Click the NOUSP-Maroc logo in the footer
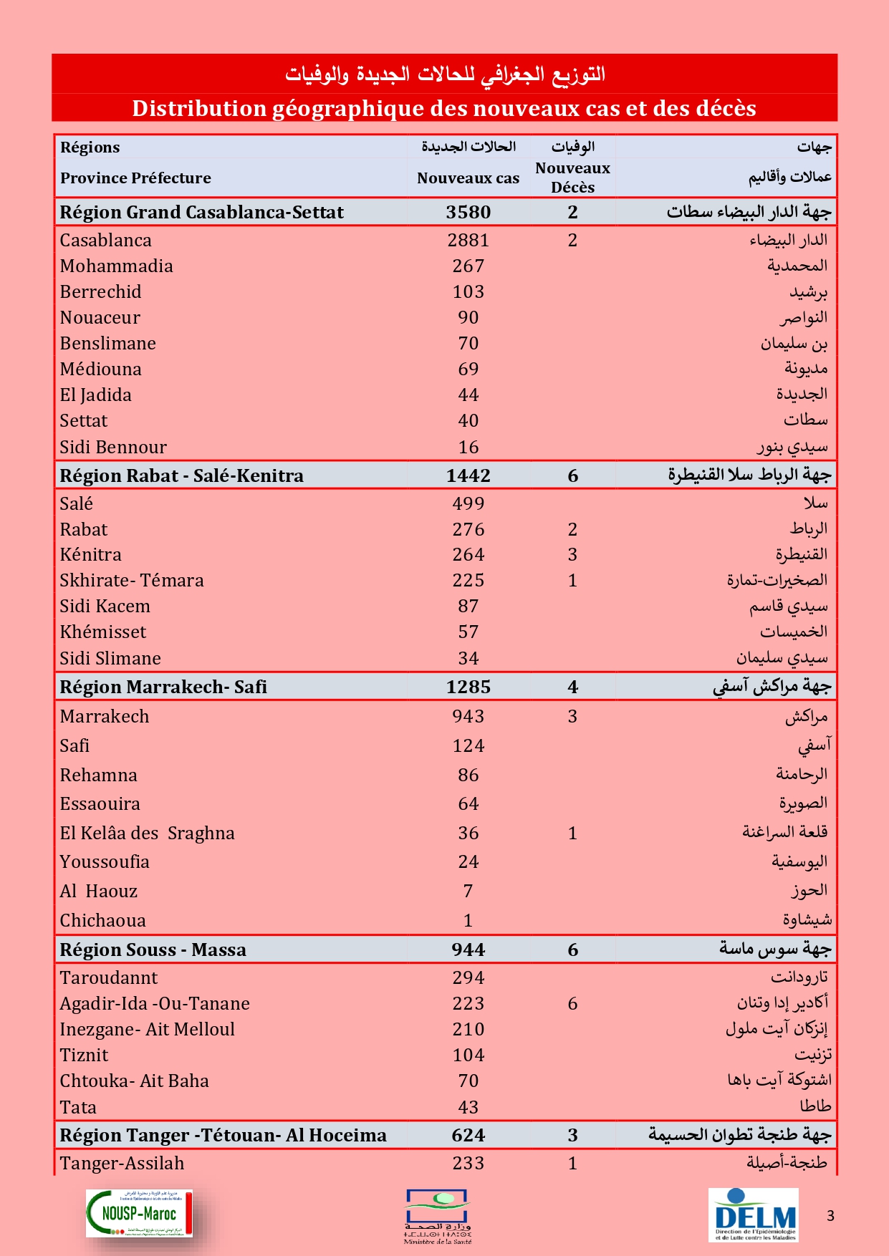pos(139,1213)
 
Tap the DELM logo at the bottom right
pos(754,1214)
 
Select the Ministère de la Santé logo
pos(437,1216)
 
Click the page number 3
pos(830,1215)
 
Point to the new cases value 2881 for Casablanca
pos(468,240)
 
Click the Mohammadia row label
pos(116,266)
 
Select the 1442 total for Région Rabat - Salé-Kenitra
pos(468,475)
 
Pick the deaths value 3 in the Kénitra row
pos(572,554)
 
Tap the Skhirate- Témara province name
pos(132,580)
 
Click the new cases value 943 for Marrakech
pos(468,716)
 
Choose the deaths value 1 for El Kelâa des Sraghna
pos(572,833)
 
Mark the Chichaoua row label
pos(102,920)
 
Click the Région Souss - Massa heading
pos(153,950)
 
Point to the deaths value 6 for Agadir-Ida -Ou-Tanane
pos(572,1003)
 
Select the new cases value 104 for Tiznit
pos(468,1055)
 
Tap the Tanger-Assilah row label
pos(122,1163)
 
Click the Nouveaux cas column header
pos(468,178)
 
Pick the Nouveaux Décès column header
pos(572,177)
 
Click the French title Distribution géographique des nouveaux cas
pos(444,108)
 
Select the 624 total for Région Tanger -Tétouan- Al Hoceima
pos(468,1135)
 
